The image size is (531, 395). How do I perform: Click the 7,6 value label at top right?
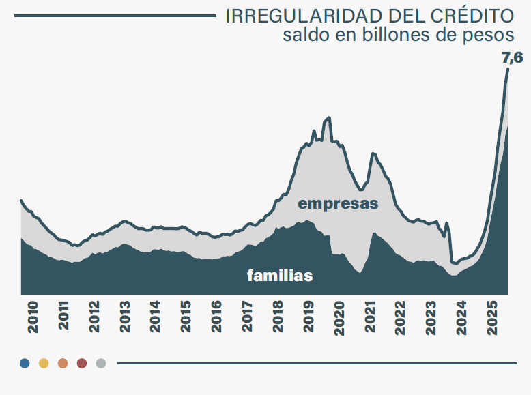513,58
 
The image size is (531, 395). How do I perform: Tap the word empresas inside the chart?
338,203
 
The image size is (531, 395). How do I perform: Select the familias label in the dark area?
280,276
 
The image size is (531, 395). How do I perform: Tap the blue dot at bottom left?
25,363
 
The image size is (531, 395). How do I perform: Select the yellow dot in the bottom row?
44,363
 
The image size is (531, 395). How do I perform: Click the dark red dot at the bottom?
82,363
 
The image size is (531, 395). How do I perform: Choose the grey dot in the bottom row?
101,363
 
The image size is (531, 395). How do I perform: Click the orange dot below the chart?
63,363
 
